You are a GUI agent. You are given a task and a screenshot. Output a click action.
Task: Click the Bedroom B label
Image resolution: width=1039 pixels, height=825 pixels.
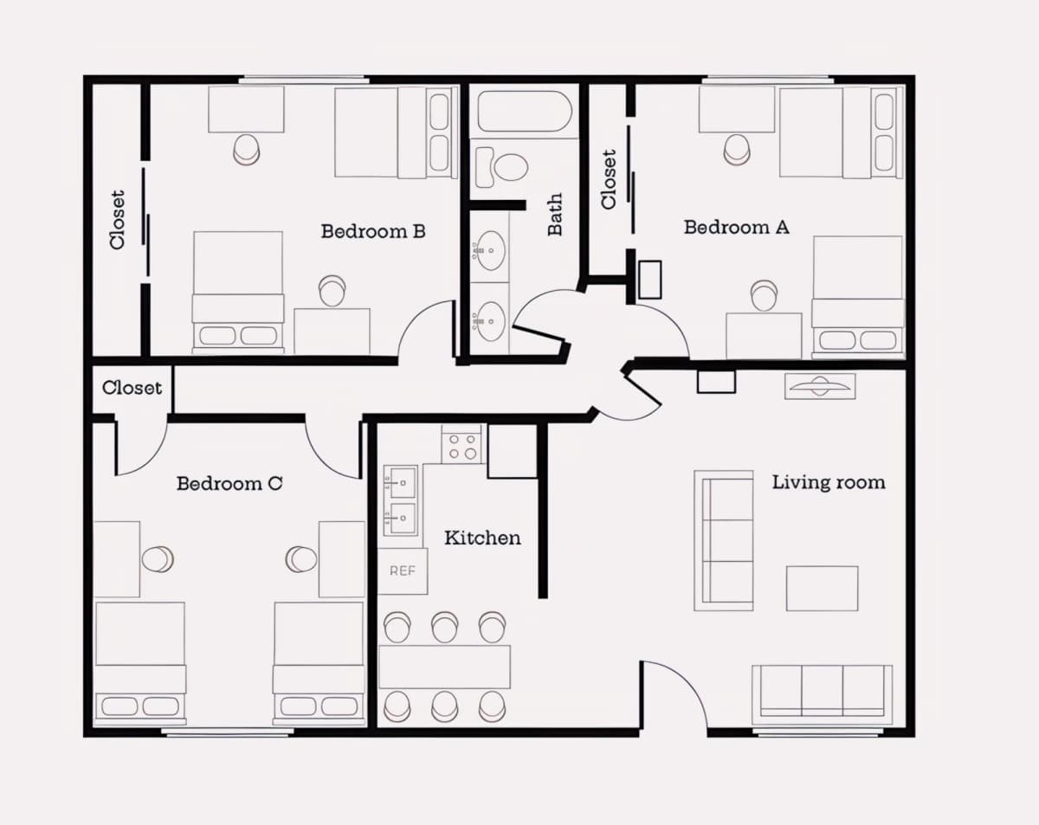[373, 231]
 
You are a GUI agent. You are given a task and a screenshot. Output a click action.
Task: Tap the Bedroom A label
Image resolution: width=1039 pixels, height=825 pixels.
[736, 227]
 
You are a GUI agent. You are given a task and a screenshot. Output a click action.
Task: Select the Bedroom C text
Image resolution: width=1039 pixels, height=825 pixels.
[229, 483]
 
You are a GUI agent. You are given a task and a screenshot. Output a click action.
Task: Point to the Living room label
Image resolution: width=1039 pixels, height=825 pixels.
[829, 482]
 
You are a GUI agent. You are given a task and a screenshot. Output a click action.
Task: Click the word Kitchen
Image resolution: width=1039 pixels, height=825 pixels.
[482, 538]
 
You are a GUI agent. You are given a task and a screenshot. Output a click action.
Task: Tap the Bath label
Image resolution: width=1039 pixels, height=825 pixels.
[555, 215]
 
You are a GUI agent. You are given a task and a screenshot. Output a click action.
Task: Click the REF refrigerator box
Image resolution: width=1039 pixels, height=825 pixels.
[402, 571]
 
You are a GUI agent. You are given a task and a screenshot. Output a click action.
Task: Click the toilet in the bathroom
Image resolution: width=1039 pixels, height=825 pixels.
[501, 167]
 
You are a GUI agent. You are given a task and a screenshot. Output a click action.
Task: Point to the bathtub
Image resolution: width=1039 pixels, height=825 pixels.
[525, 111]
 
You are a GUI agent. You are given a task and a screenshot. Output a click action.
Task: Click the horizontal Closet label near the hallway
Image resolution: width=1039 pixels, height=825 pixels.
[132, 388]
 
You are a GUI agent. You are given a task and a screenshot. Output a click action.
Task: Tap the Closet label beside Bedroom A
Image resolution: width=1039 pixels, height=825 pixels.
[609, 179]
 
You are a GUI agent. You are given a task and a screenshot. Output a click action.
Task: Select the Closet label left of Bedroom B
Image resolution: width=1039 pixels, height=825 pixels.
[118, 220]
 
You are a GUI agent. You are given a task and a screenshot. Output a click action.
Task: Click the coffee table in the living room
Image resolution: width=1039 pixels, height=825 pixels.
[823, 589]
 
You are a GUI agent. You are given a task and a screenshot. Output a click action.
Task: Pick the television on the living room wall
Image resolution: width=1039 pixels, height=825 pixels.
[820, 386]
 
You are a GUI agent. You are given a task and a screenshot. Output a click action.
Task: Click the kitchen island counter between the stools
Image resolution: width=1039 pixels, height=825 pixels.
[444, 667]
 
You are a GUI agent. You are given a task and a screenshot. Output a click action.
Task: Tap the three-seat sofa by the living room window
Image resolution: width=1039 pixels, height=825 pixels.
[823, 693]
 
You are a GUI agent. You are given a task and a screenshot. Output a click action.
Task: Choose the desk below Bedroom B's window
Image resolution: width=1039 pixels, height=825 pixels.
[246, 109]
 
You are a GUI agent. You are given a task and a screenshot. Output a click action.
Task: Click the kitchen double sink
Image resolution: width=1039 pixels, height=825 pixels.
[400, 500]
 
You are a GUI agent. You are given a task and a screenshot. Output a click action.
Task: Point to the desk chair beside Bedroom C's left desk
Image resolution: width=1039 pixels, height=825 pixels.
[158, 559]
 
